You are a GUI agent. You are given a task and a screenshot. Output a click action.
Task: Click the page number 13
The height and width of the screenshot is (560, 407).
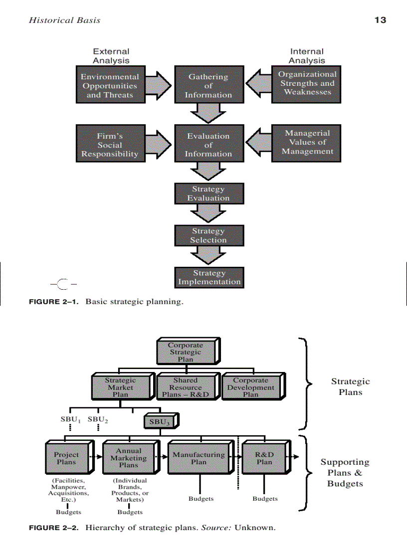tap(380, 20)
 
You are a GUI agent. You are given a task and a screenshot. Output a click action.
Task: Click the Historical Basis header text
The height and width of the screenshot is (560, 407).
tap(64, 20)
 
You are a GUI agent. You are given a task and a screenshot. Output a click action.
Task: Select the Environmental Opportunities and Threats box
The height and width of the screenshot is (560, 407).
tap(110, 85)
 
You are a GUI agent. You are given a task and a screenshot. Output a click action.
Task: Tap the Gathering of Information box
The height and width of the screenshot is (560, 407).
tap(208, 85)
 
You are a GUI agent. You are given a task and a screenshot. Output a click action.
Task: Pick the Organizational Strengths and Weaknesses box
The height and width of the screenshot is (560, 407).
tap(306, 84)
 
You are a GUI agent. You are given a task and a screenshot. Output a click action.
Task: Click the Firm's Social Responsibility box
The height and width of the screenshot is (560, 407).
tap(110, 144)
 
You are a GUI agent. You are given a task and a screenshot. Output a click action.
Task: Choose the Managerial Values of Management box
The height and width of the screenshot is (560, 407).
tap(306, 143)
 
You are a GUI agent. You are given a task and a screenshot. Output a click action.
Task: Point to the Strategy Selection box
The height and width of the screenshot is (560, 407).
tap(208, 235)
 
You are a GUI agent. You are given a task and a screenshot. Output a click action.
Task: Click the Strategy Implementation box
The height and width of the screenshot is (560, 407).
tap(209, 277)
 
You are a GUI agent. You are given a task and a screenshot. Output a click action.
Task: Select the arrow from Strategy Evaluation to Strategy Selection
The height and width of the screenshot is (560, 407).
tap(208, 214)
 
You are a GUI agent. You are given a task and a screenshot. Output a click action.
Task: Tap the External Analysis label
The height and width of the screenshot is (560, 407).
tap(111, 56)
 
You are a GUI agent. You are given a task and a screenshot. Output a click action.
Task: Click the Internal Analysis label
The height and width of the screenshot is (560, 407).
tap(307, 56)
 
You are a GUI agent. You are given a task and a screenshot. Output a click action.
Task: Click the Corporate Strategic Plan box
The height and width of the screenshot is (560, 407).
tap(186, 352)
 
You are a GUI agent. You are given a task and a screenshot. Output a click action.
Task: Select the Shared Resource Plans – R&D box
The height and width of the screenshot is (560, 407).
tap(186, 387)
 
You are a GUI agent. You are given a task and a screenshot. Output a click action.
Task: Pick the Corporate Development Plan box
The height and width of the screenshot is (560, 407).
tap(251, 387)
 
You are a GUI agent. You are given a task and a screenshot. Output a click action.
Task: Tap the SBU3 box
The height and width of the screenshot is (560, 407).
tap(159, 422)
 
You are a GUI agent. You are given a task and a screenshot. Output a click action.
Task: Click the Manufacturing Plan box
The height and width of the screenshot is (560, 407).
tap(199, 458)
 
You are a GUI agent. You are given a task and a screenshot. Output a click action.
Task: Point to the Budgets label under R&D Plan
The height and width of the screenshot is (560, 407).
tap(265, 499)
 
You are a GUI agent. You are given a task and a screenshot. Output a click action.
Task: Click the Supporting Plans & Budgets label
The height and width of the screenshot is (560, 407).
tap(345, 473)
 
